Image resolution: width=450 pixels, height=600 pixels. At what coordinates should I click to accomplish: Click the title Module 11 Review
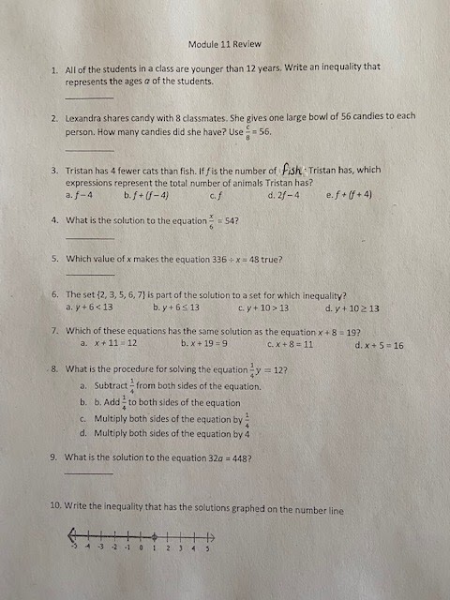[224, 44]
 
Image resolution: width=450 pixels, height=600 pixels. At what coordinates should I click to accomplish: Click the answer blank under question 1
[89, 97]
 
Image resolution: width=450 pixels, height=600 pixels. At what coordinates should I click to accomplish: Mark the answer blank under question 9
[88, 472]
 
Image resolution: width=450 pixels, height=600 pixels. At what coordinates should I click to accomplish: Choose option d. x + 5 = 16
[380, 345]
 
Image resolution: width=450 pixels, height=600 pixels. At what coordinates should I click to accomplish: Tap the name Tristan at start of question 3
[81, 170]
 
